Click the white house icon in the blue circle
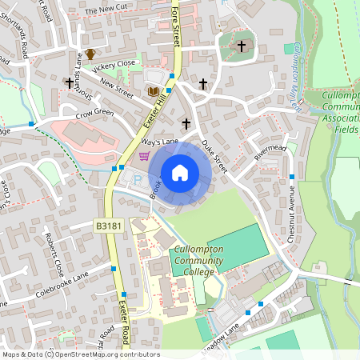180,173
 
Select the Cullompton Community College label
194,261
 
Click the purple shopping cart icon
144,157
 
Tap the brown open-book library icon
152,92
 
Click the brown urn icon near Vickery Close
90,54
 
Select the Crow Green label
95,114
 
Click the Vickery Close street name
114,65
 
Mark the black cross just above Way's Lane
186,123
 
